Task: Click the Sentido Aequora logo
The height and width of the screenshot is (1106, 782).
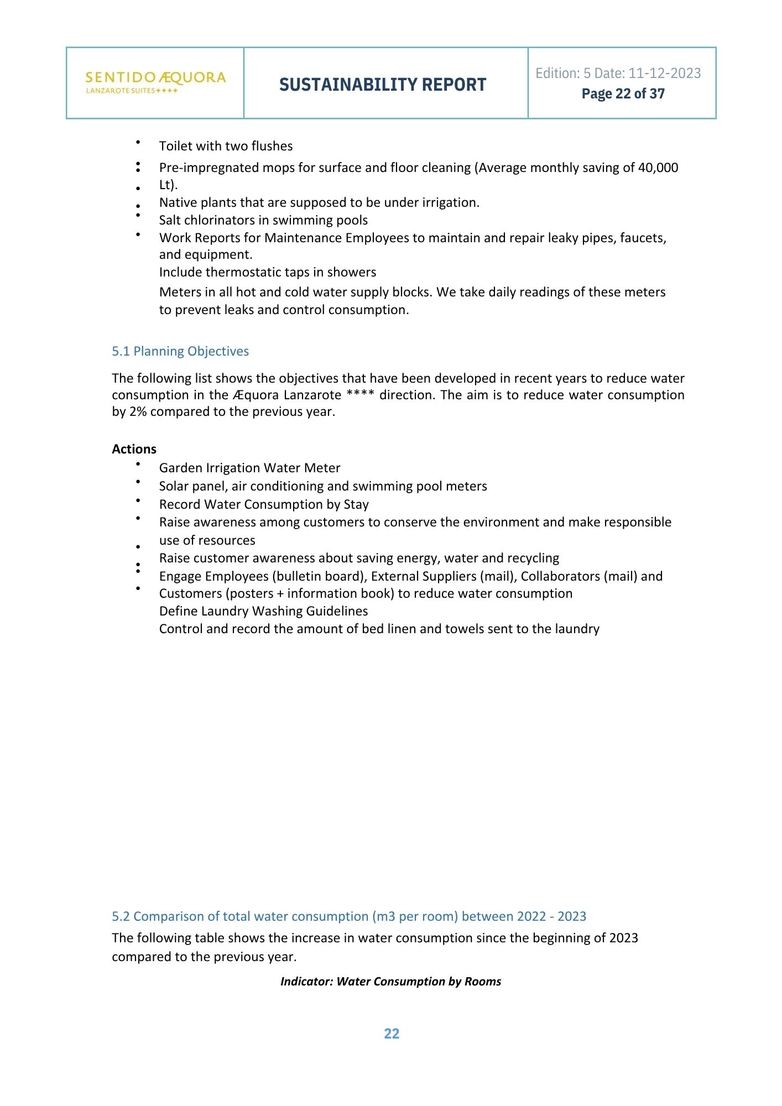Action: pos(155,82)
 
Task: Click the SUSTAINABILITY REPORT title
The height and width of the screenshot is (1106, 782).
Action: pos(383,85)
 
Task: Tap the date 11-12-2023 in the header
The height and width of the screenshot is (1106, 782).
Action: pos(665,73)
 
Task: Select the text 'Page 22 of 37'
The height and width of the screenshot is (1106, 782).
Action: pos(623,94)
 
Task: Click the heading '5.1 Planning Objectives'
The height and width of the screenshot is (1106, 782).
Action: pos(180,351)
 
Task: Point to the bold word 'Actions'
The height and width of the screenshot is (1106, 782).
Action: pos(134,449)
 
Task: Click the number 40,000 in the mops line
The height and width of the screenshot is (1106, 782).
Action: pos(658,168)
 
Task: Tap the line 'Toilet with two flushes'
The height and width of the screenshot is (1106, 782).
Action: pos(226,146)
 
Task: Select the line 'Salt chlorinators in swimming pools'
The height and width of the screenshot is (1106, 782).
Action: pos(263,220)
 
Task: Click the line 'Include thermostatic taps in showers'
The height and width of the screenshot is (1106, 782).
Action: pos(268,272)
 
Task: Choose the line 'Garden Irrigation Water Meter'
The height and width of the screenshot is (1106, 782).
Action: pos(249,468)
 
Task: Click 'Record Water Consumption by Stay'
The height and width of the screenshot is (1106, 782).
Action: pos(264,504)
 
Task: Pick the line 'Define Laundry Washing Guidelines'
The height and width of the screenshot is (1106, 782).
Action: pos(263,611)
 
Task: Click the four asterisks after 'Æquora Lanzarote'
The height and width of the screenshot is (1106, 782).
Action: pos(360,395)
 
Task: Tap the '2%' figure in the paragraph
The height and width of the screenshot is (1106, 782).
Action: pos(138,411)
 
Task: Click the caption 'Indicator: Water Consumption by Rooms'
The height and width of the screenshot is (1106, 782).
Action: pos(390,982)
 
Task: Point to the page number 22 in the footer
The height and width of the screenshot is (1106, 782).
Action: pos(392,1034)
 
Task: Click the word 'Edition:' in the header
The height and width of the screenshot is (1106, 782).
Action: pos(557,73)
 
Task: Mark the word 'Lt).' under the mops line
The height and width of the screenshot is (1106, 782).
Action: pos(168,185)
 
